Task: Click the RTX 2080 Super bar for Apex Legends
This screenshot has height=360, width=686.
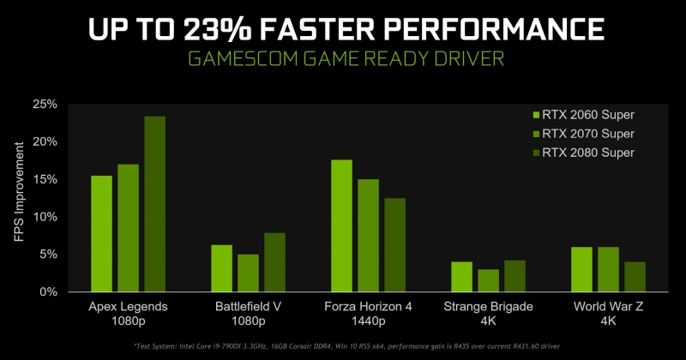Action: tap(155, 204)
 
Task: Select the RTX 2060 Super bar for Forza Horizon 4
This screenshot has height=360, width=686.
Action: tap(341, 226)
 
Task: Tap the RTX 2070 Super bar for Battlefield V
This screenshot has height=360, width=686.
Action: tap(248, 273)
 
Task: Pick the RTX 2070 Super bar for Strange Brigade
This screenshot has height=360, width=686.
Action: tap(489, 280)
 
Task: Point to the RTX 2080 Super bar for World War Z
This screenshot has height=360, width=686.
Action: tap(635, 277)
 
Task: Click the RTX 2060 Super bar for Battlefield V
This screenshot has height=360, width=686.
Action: tap(221, 268)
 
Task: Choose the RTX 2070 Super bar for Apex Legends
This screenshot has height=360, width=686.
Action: tap(129, 228)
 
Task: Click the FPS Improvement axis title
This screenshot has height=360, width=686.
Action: tap(19, 198)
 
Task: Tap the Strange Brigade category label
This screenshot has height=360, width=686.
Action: tap(489, 313)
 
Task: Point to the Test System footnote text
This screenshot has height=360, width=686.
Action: tap(343, 346)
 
